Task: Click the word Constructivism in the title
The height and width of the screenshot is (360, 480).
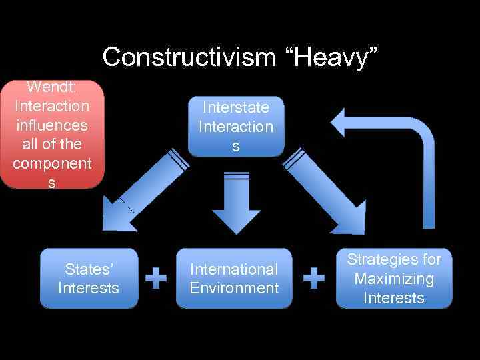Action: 189,57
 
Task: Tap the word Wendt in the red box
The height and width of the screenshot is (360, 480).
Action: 51,87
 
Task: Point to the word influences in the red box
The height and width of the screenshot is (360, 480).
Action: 51,125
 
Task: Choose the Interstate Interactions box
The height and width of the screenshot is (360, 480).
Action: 236,127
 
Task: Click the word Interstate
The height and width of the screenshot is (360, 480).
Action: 236,107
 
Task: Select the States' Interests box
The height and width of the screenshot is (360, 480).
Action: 89,279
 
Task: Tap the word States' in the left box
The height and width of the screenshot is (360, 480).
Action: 89,269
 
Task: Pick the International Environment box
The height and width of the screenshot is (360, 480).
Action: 234,279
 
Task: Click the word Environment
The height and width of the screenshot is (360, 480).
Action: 234,288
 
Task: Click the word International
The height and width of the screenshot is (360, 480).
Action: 234,269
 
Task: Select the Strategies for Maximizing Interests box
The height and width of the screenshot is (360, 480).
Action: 394,279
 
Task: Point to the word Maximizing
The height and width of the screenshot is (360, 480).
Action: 394,279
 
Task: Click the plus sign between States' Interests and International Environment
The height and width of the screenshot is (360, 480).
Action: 156,278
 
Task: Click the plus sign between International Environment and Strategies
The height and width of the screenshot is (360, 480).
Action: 314,278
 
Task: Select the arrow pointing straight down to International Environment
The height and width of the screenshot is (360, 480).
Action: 237,203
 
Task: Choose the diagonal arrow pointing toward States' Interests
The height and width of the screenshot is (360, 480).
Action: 144,190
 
